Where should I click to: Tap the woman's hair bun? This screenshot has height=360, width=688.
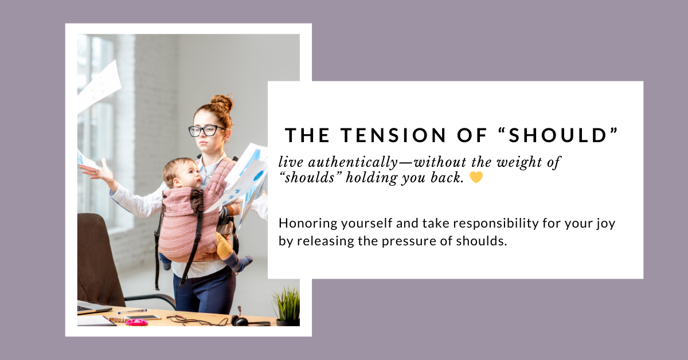pos(222,103)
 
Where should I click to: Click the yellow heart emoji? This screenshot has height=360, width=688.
pos(476,177)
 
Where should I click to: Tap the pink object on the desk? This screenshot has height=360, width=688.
pos(136,322)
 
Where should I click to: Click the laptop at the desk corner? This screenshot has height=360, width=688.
pos(92,307)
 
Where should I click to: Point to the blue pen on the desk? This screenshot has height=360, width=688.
pos(132,311)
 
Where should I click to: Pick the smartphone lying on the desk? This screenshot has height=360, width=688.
pos(142,318)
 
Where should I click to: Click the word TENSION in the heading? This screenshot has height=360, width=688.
pos(393,135)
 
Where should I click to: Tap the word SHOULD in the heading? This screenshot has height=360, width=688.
pos(557,135)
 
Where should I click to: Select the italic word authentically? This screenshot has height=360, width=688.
pos(353,162)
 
